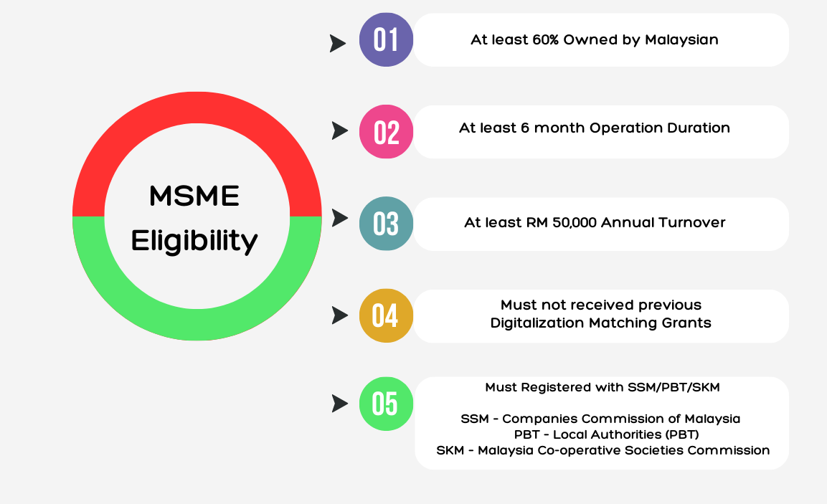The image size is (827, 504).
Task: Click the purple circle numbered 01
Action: (x=386, y=39)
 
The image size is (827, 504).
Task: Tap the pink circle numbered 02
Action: (x=386, y=132)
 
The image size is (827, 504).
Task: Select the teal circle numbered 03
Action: (x=386, y=224)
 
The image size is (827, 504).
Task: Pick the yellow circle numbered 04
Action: (x=386, y=315)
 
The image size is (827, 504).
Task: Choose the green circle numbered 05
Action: (x=386, y=404)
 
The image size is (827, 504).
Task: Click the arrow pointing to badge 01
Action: (x=338, y=43)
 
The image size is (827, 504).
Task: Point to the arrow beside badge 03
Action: (x=340, y=218)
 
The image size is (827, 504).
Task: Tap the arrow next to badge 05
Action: (x=340, y=404)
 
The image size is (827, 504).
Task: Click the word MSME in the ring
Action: (x=194, y=196)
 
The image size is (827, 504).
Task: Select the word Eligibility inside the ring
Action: (x=194, y=242)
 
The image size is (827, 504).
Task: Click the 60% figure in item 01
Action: (x=545, y=40)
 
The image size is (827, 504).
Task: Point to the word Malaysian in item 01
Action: (x=681, y=41)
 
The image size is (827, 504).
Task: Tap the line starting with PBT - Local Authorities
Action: (x=607, y=434)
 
